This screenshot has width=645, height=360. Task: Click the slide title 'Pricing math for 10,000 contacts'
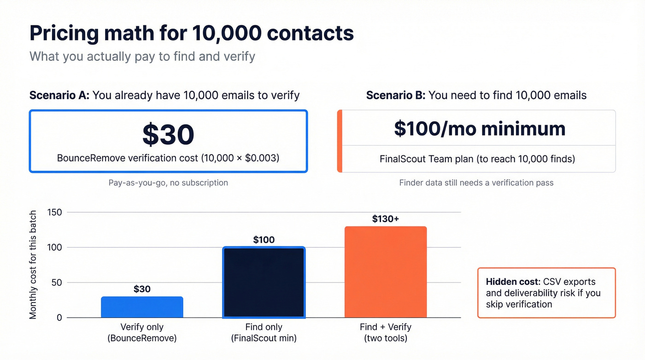coord(191,34)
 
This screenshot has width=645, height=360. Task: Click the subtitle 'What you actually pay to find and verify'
coord(142,57)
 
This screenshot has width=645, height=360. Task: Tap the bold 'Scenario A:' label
coord(59,95)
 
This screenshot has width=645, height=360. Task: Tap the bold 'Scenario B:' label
coord(396,95)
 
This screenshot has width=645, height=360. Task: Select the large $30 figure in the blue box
coord(168,135)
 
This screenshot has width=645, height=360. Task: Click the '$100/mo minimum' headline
coord(479,129)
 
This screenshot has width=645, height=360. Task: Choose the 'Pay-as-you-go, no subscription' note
coord(168,183)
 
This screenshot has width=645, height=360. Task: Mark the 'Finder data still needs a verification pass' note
coord(476,183)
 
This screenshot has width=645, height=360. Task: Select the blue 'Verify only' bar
coord(142,307)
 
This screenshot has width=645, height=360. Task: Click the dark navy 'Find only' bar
coord(264,283)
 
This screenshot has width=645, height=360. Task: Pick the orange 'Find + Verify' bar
coord(386,272)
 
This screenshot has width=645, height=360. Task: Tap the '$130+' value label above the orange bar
coord(386,218)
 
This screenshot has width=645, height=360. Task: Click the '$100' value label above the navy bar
coord(264,240)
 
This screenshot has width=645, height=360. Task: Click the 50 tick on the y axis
coord(56,283)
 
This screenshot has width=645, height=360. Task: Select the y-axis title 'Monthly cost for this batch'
coord(33,265)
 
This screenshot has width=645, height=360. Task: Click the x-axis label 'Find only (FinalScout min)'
coord(264,333)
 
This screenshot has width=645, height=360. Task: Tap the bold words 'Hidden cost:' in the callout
coord(513,282)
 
